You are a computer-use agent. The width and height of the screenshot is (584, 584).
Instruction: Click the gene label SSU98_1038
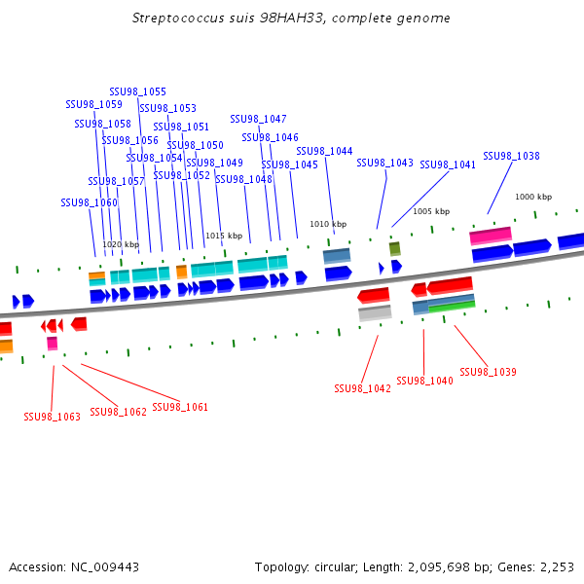(x=511, y=156)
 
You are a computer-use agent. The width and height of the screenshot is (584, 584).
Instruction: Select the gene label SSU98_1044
(x=324, y=151)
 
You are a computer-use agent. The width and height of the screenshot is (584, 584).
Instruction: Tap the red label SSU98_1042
(x=362, y=388)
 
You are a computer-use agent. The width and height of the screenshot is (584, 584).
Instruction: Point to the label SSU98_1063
(x=52, y=417)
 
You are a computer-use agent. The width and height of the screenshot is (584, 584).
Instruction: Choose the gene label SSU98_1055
(x=137, y=91)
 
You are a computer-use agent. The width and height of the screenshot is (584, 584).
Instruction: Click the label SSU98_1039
(x=488, y=372)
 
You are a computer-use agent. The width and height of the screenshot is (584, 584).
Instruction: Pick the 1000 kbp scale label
(x=532, y=197)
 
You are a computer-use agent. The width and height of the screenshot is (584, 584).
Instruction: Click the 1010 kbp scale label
(x=327, y=224)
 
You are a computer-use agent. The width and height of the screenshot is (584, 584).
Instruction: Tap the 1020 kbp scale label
(x=121, y=244)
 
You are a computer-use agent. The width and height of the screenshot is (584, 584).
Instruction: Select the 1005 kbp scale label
(x=431, y=211)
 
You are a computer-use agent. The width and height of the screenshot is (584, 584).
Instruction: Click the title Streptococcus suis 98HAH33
(x=291, y=18)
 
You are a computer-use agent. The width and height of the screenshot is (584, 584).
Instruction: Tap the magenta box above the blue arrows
(x=491, y=236)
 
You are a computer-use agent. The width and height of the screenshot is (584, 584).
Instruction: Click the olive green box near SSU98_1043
(x=394, y=248)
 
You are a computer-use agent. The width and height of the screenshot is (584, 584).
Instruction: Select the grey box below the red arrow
(x=375, y=312)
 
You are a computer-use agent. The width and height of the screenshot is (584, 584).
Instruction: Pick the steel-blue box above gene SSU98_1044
(x=337, y=255)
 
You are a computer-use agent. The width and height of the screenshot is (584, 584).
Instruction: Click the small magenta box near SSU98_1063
(x=52, y=343)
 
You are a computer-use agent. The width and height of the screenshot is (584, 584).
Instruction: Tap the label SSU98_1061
(x=180, y=407)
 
